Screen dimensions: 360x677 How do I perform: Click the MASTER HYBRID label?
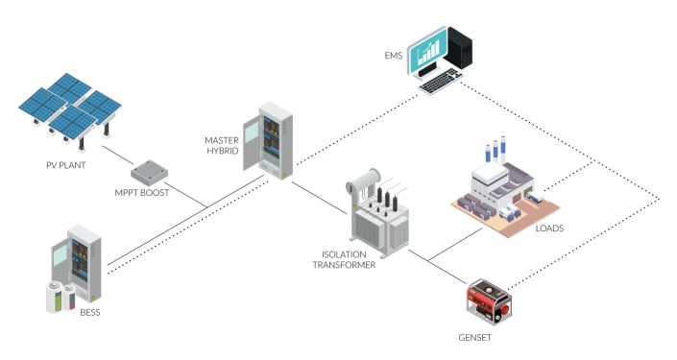(223, 146)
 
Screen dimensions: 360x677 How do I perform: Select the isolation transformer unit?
(375, 210)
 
